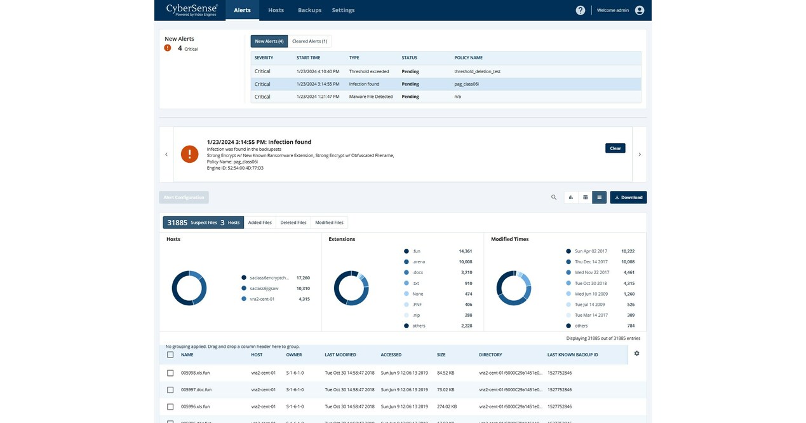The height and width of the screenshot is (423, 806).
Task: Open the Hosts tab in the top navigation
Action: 276,10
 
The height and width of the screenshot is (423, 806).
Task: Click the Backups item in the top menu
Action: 309,10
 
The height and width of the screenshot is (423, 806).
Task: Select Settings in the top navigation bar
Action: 343,10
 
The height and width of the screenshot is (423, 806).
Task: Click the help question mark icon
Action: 580,10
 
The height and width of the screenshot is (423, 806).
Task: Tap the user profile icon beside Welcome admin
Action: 639,10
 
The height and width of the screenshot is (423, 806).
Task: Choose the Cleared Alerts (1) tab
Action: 309,41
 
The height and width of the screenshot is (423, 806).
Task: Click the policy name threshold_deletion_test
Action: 477,71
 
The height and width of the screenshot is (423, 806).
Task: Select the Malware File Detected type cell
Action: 371,97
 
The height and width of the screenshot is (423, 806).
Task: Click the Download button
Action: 628,197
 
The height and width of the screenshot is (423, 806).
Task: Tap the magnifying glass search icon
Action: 554,197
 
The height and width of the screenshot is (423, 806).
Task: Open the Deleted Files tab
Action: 293,223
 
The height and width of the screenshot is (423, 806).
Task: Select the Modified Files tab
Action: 329,223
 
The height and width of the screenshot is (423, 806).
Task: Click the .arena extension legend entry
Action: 419,261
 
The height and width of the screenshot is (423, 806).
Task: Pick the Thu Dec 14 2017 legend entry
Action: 591,261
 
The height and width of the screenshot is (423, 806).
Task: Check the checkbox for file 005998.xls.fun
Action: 170,373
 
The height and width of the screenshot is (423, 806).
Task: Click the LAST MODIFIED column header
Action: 340,354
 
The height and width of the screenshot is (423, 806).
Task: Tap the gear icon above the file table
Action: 636,354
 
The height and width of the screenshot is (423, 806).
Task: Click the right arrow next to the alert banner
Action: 640,155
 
